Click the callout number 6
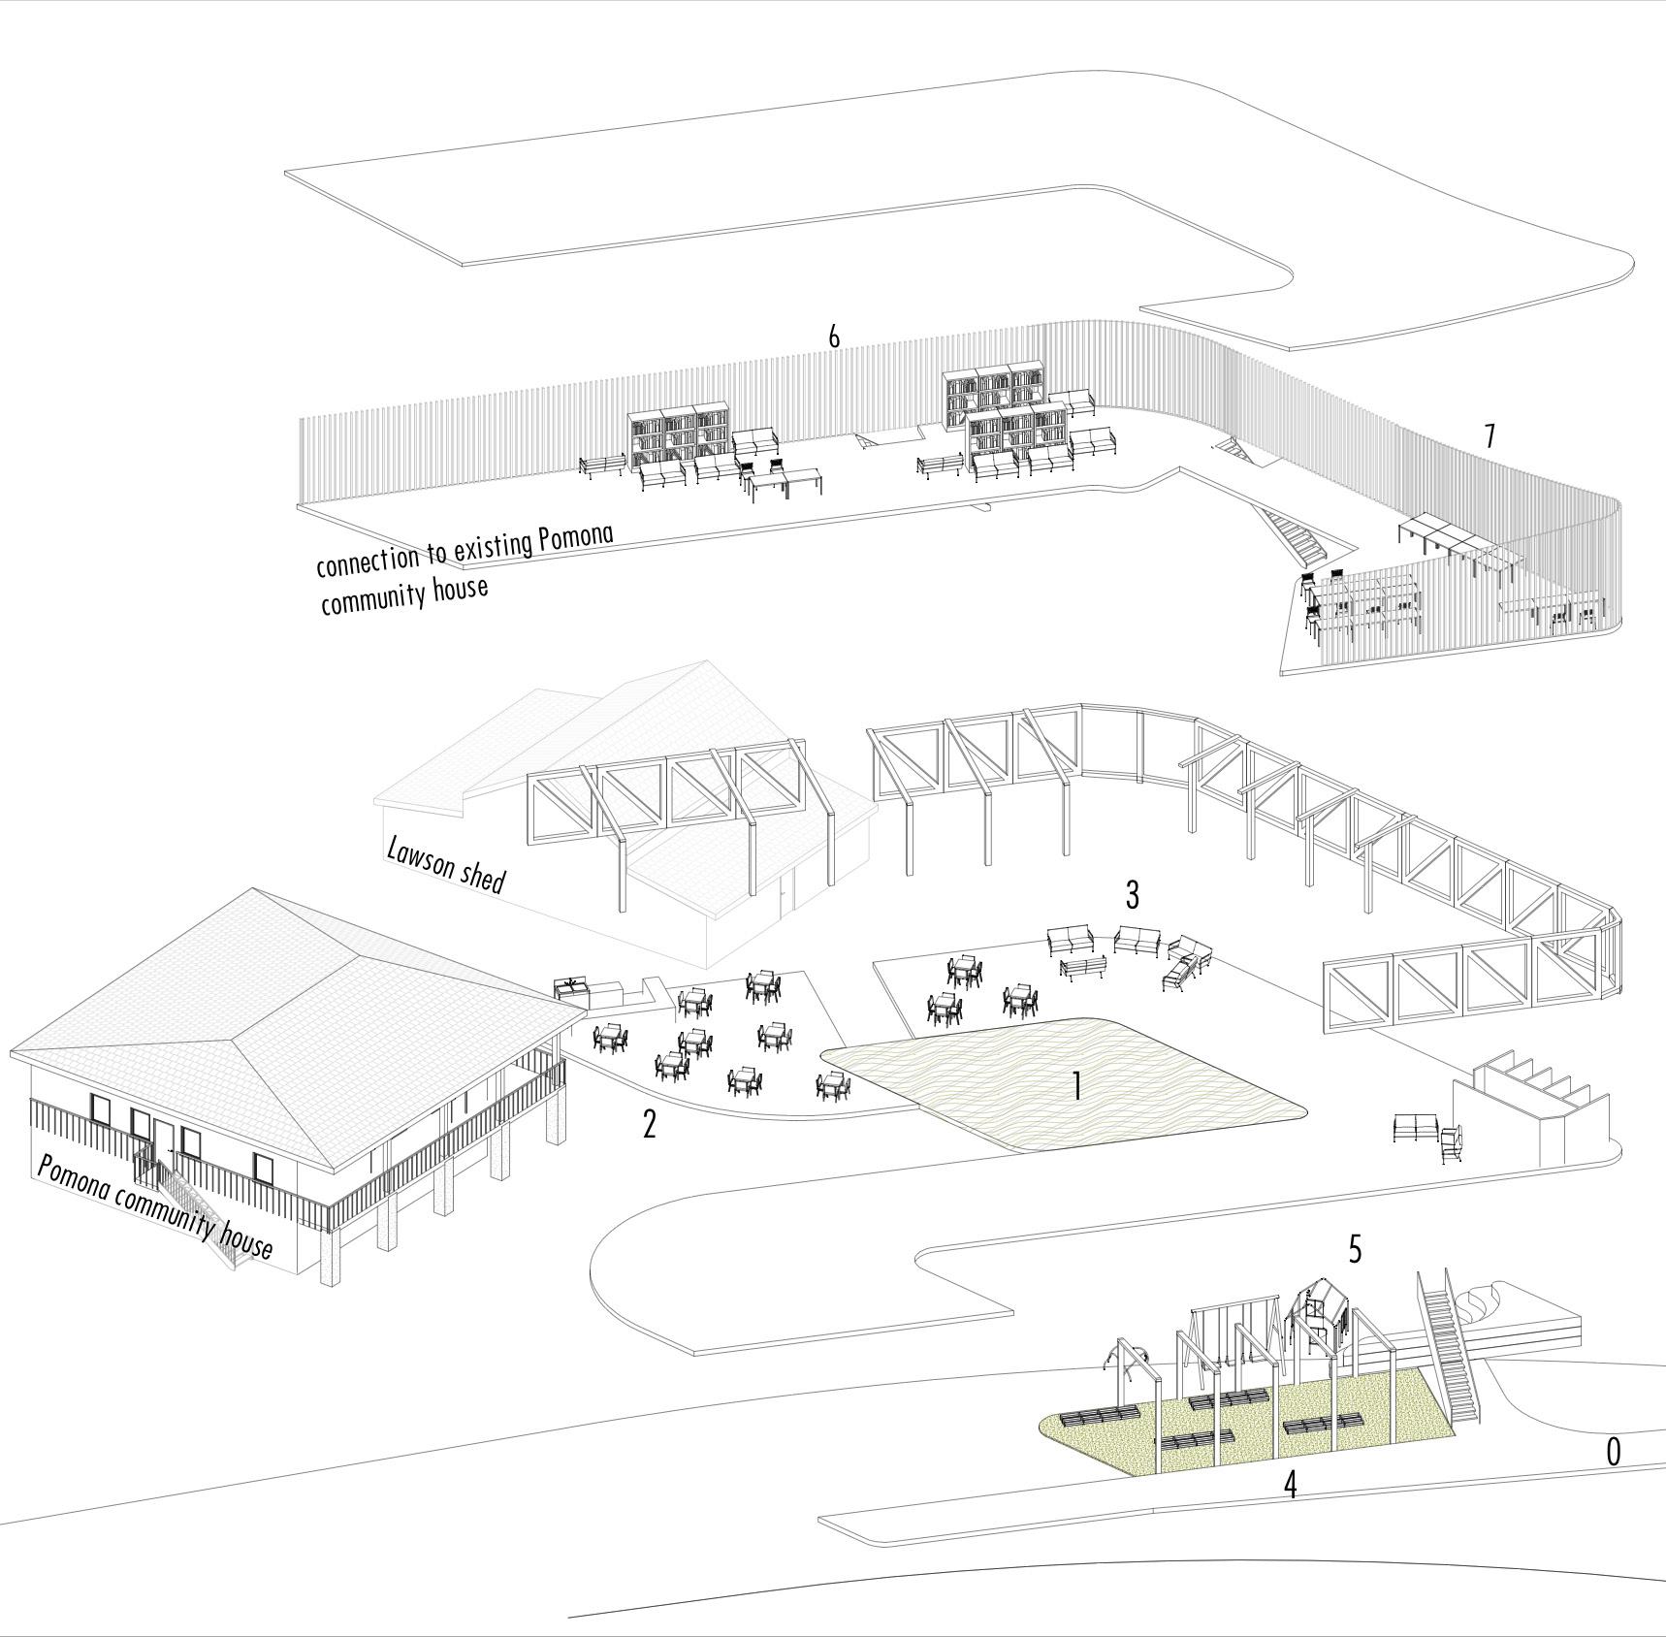[834, 337]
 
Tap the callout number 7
[1490, 436]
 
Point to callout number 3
[1132, 895]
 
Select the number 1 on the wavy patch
[1076, 1086]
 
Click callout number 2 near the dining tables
[649, 1123]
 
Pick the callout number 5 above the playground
[1355, 1250]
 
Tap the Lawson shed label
[445, 864]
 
